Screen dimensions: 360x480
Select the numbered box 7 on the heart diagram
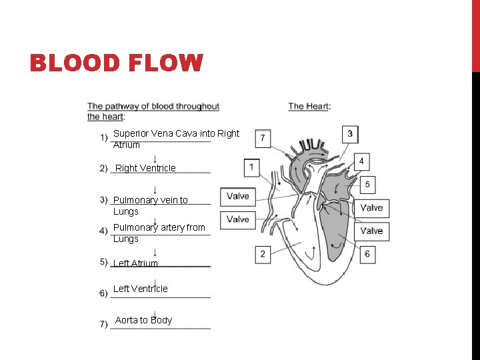tap(263, 138)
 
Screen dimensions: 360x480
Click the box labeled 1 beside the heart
tap(251, 166)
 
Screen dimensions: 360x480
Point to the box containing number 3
tap(350, 133)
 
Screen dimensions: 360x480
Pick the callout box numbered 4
tap(361, 161)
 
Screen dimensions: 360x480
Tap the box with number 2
tap(263, 254)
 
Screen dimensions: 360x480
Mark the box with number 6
tap(367, 254)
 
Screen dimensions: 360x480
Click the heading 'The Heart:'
tap(309, 106)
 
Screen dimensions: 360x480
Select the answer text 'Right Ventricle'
tap(145, 168)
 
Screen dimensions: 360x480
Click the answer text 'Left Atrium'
tap(135, 263)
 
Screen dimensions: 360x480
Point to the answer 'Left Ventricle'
tap(140, 289)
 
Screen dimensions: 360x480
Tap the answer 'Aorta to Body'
tap(143, 320)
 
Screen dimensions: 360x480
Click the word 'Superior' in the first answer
tap(131, 133)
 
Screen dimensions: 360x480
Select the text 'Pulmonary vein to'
tap(151, 200)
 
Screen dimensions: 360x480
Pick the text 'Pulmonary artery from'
tap(159, 227)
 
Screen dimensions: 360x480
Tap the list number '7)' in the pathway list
tap(103, 324)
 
